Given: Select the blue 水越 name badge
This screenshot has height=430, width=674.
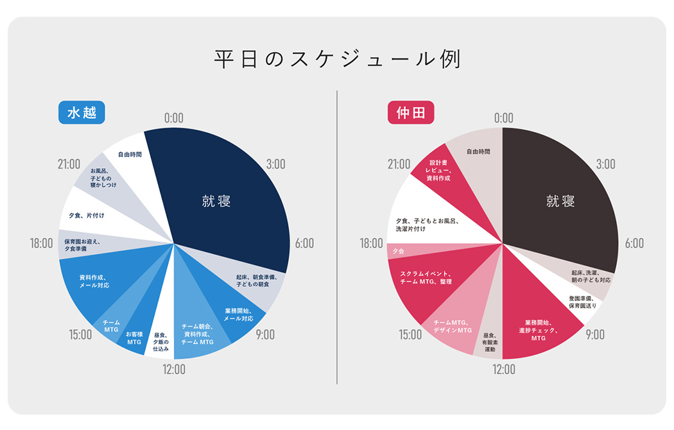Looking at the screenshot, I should [82, 113].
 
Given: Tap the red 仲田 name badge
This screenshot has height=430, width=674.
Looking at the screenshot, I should [411, 113].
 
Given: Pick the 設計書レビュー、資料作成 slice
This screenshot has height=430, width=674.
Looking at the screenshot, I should [440, 170].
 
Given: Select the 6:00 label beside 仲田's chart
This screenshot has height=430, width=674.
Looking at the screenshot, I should [634, 243].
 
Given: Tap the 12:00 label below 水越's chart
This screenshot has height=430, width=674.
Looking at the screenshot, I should [173, 369].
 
